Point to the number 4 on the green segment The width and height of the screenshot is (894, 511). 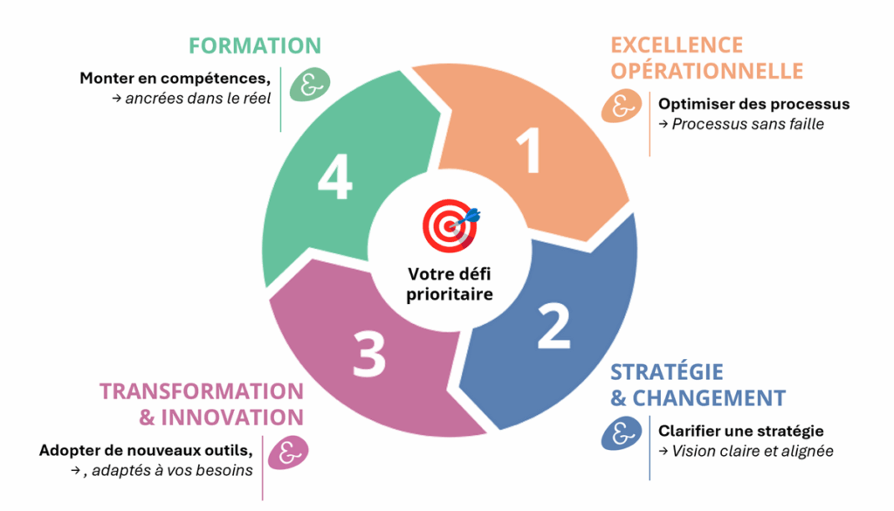click(335, 181)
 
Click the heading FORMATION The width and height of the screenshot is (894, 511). click(255, 45)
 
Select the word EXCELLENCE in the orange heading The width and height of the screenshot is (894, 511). click(677, 45)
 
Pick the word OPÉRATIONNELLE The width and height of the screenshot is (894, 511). click(706, 70)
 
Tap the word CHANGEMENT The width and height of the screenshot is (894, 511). click(708, 398)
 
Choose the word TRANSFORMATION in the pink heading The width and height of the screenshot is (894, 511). click(202, 391)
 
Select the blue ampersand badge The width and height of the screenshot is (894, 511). click(621, 433)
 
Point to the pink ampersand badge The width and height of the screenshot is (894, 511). click(287, 454)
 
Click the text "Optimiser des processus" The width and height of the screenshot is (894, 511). click(753, 104)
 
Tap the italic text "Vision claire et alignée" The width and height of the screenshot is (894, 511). click(746, 452)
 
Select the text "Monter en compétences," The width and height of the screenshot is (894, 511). click(175, 78)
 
